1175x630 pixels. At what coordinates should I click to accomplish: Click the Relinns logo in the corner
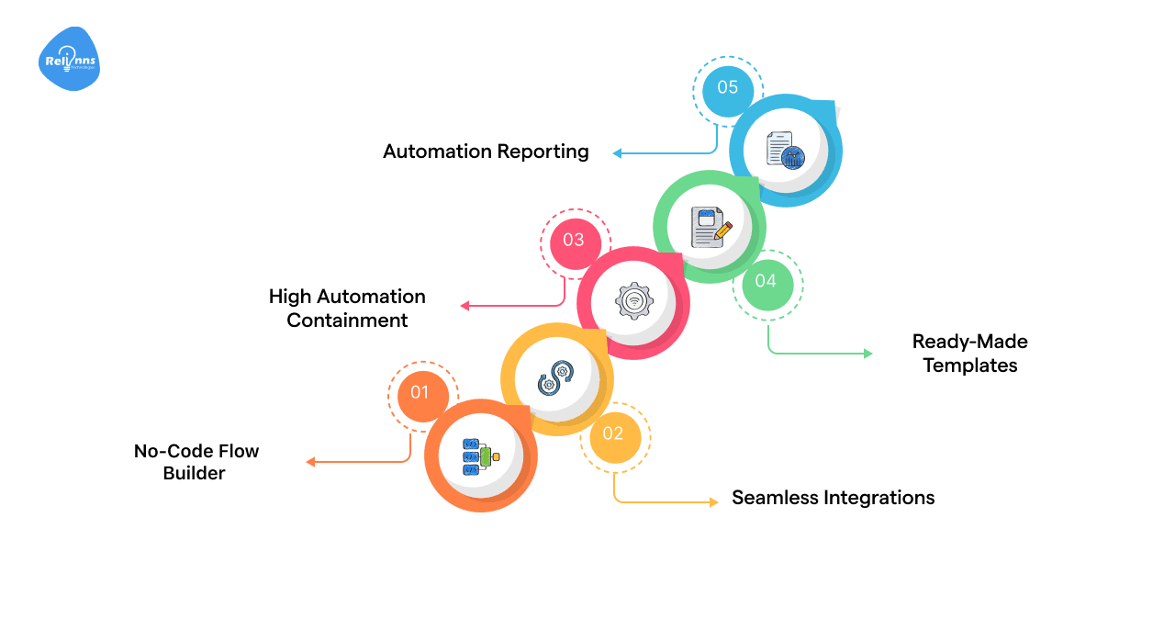click(70, 59)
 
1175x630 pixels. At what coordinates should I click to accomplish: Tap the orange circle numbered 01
click(419, 392)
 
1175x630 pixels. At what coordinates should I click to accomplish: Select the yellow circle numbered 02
click(613, 433)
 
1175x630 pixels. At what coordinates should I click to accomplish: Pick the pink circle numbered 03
click(573, 240)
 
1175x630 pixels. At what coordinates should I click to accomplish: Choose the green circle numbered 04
click(766, 280)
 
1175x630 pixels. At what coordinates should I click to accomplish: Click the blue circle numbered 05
click(727, 87)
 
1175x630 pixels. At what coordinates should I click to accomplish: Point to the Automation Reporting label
click(486, 152)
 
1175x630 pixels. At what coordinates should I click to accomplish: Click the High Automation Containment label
click(347, 309)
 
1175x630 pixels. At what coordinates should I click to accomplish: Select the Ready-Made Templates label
click(969, 354)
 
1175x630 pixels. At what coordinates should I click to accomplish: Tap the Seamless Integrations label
click(833, 498)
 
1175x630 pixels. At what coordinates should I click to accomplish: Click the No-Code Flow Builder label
click(196, 462)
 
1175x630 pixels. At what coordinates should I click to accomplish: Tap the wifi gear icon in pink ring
click(633, 300)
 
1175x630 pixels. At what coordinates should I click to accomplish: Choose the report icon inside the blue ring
click(785, 149)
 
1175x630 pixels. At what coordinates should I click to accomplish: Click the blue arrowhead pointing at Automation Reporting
click(618, 153)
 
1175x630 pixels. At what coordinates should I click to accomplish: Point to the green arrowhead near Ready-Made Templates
click(867, 353)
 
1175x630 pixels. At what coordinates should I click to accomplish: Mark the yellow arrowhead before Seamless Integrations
click(713, 501)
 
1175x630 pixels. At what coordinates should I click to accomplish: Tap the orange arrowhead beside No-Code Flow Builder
click(311, 462)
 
